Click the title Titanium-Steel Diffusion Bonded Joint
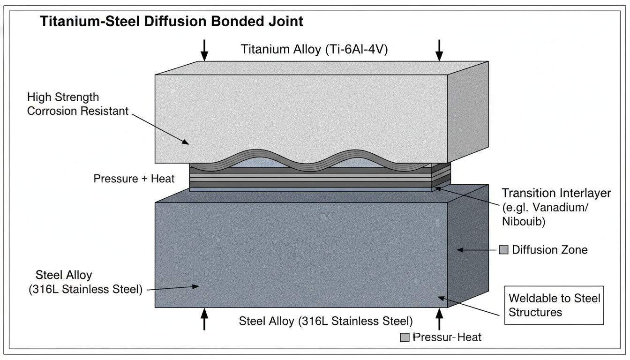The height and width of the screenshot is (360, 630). click(172, 22)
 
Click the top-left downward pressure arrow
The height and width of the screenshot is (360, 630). click(204, 50)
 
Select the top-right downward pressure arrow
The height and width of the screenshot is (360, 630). click(439, 50)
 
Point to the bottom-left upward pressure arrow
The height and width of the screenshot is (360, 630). click(204, 319)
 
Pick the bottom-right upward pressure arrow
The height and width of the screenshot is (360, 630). click(439, 319)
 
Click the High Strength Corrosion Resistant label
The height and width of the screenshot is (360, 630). click(77, 104)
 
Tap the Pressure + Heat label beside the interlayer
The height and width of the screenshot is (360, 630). click(134, 179)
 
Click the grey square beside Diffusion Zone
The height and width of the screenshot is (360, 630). click(504, 250)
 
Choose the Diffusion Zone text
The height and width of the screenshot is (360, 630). click(549, 250)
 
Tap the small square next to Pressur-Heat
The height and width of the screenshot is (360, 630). click(405, 337)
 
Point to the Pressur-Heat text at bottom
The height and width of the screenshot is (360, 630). click(447, 337)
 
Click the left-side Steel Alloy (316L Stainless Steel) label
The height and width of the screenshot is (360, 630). click(84, 282)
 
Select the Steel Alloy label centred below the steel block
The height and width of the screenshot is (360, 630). click(326, 322)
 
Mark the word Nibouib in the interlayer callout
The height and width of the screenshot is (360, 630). click(523, 222)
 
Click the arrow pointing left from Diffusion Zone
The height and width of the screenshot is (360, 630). click(476, 250)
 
